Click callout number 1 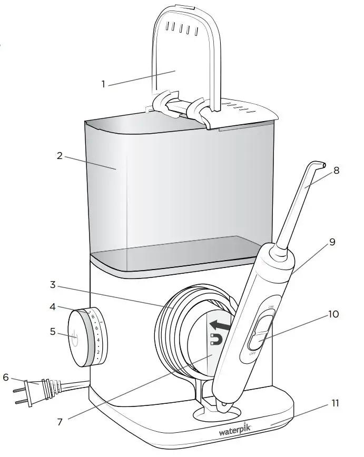click(x=103, y=83)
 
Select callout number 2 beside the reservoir click(x=60, y=156)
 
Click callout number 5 click(x=53, y=332)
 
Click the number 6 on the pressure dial click(x=96, y=328)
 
